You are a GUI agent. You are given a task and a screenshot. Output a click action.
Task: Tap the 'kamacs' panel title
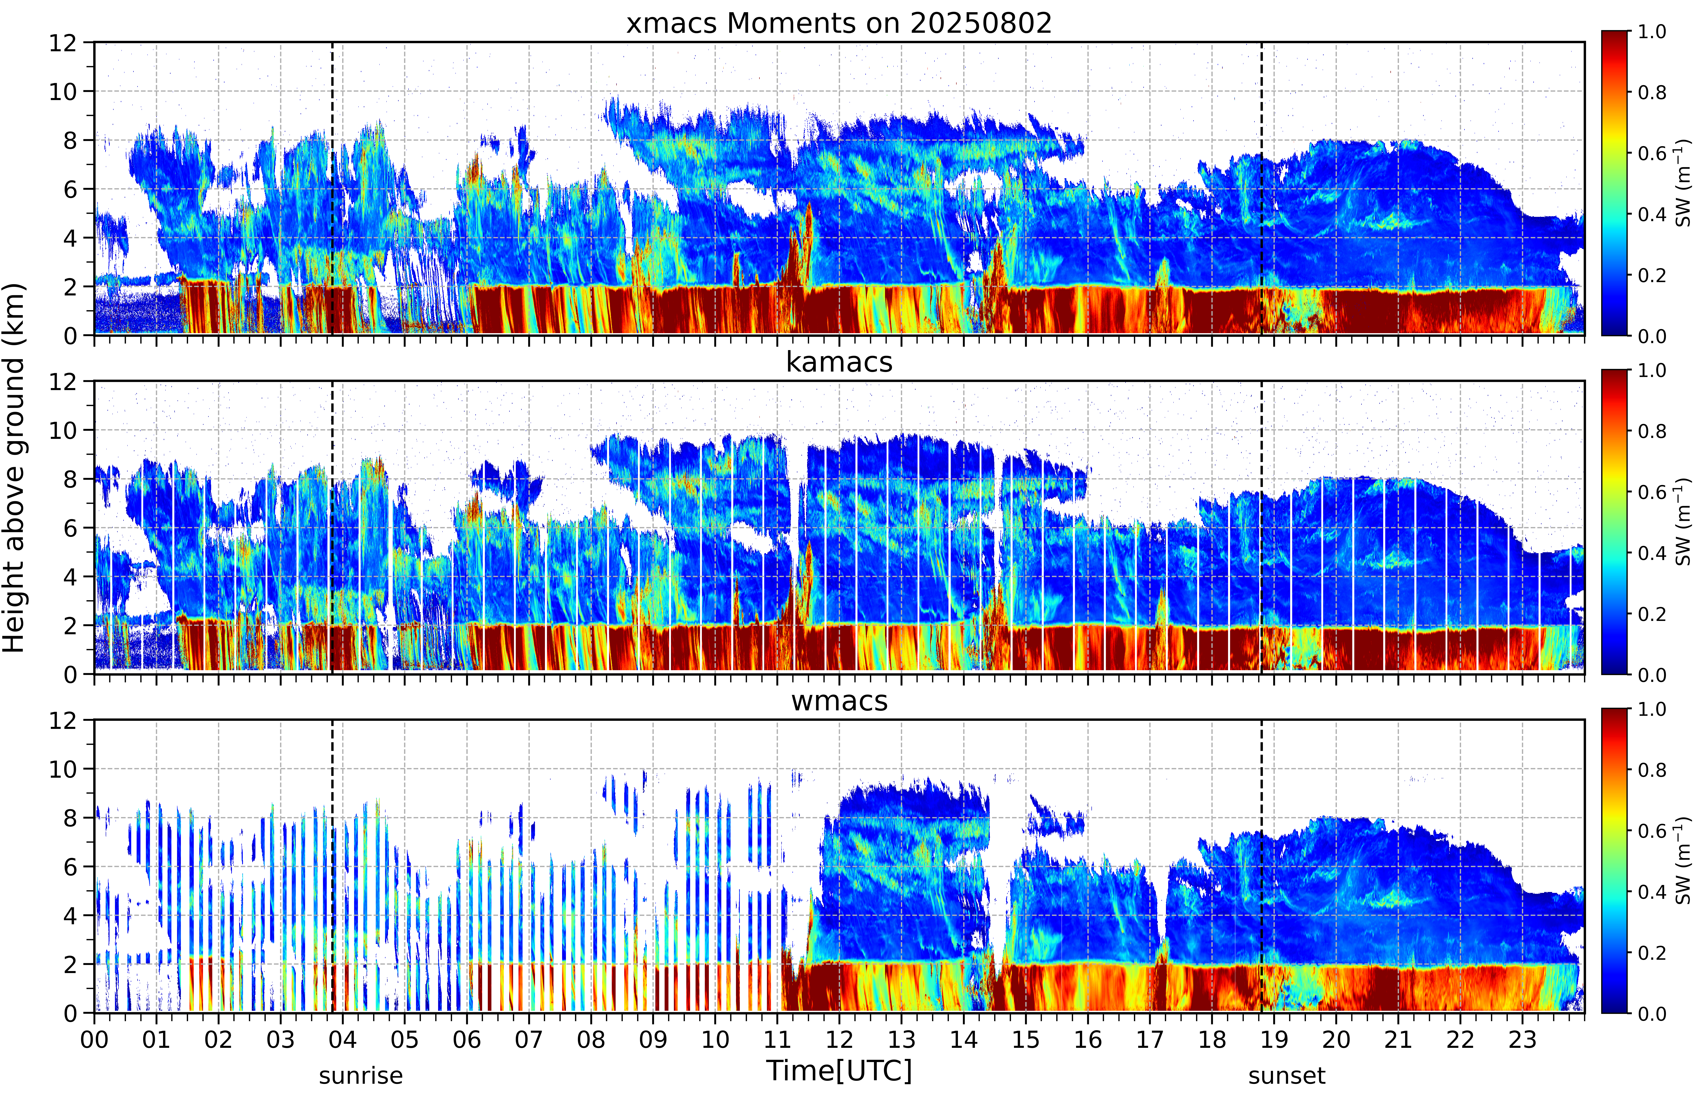point(839,362)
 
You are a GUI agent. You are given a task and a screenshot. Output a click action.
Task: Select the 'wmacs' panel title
point(839,701)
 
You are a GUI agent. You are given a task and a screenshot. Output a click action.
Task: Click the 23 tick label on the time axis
point(1522,1039)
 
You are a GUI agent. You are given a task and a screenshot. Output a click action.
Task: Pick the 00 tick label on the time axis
point(94,1039)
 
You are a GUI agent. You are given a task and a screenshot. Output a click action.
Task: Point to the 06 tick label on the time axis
point(467,1039)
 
